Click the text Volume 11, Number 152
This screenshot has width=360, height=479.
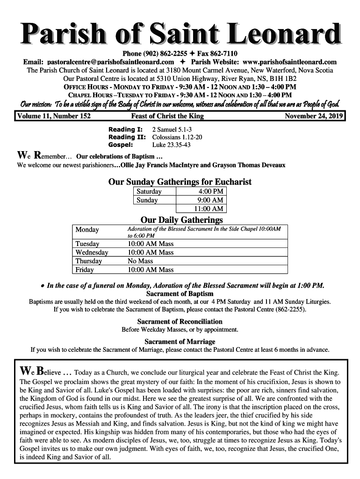(x=54, y=116)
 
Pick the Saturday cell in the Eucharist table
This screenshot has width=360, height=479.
(x=149, y=192)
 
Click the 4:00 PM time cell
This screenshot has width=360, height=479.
(x=211, y=192)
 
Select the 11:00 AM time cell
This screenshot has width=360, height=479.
(x=209, y=209)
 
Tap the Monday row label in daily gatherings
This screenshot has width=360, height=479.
(x=87, y=230)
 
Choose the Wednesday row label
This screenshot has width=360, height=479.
(x=92, y=253)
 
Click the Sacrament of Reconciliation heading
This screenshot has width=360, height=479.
(x=180, y=322)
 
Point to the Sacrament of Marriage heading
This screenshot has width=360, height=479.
(x=180, y=341)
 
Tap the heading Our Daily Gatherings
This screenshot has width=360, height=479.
(x=182, y=220)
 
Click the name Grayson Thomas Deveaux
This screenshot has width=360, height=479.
(x=249, y=165)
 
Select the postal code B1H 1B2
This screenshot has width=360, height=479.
(x=282, y=79)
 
